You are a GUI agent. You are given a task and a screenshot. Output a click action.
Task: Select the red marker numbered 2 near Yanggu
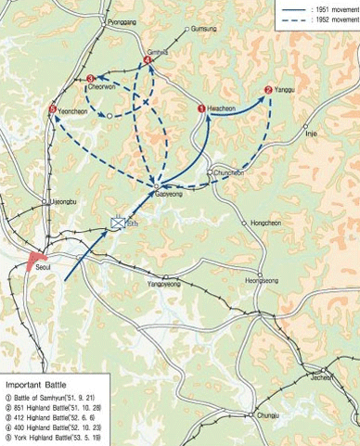268,90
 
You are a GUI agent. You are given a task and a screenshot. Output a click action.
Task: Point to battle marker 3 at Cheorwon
90,79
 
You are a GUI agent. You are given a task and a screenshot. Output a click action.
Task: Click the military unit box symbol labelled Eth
118,223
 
